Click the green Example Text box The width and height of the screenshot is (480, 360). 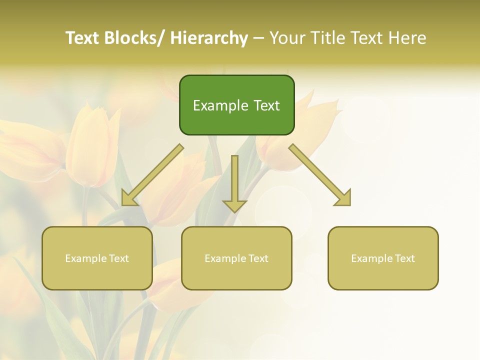click(236, 105)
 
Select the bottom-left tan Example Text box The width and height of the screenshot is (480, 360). click(97, 258)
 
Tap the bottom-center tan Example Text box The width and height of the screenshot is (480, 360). click(236, 258)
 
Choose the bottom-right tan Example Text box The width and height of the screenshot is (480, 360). click(383, 258)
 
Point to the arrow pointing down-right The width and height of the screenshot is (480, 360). click(319, 174)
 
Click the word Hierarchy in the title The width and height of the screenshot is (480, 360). click(208, 38)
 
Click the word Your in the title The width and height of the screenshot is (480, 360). click(287, 38)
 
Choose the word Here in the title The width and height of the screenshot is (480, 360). click(408, 38)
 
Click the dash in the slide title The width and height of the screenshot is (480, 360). click(258, 38)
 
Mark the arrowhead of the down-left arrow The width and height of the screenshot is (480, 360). click(128, 199)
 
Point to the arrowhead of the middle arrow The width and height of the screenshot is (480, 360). click(234, 205)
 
